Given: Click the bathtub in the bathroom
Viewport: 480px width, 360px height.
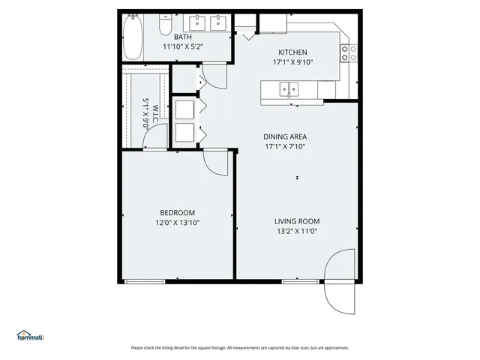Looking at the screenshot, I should pos(133,37).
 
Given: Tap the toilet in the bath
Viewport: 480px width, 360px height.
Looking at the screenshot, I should pos(166,26).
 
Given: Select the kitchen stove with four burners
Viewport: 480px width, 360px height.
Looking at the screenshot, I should pos(349,52).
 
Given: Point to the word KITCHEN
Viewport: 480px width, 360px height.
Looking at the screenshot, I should pos(293,52).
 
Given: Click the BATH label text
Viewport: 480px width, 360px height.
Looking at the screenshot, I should pos(183,37).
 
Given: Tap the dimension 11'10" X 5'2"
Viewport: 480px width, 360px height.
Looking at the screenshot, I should pos(183,46).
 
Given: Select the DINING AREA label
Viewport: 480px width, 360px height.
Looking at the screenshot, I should pos(286,136).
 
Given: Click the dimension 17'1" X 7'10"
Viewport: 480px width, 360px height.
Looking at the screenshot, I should pos(286,147).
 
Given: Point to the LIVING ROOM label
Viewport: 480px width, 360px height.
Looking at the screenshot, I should pos(297,221).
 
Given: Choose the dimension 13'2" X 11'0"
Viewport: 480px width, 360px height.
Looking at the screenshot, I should pos(297,232).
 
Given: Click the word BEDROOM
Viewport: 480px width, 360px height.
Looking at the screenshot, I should pos(177,212).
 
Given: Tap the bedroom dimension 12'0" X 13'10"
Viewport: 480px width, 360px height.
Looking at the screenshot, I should pos(177,223).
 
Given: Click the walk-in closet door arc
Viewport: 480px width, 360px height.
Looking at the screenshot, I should pos(157,135).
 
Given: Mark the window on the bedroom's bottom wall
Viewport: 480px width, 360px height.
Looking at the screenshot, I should pos(144,281).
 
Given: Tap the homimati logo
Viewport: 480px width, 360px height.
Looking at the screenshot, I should pos(31,336).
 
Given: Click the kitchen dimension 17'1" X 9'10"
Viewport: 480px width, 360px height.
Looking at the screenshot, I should pos(293,62).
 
